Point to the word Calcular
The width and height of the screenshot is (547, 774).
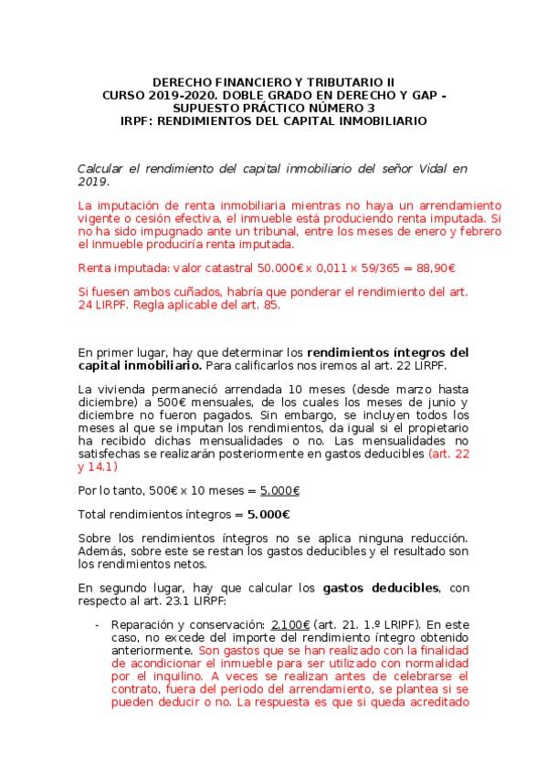coord(105,169)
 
